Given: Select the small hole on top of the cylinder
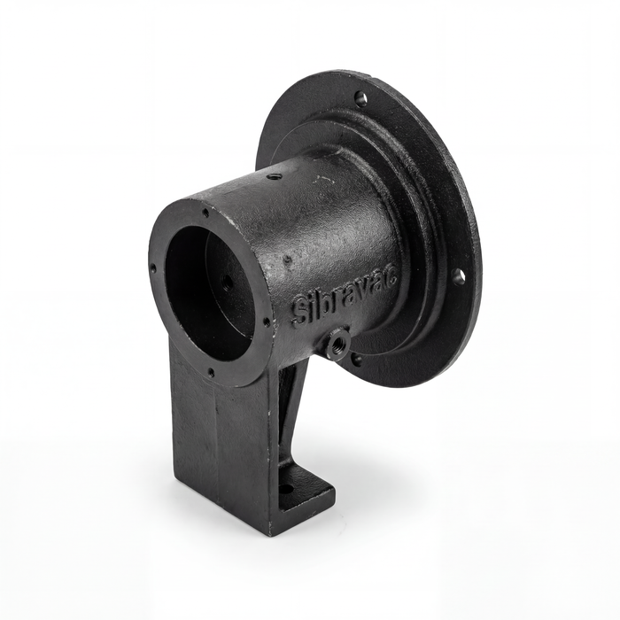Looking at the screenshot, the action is click(273, 176).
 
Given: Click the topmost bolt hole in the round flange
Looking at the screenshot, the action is click(360, 97).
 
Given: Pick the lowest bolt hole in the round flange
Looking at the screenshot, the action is click(357, 359).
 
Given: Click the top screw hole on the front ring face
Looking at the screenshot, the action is click(206, 213).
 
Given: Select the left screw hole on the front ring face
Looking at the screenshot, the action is click(153, 269).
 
